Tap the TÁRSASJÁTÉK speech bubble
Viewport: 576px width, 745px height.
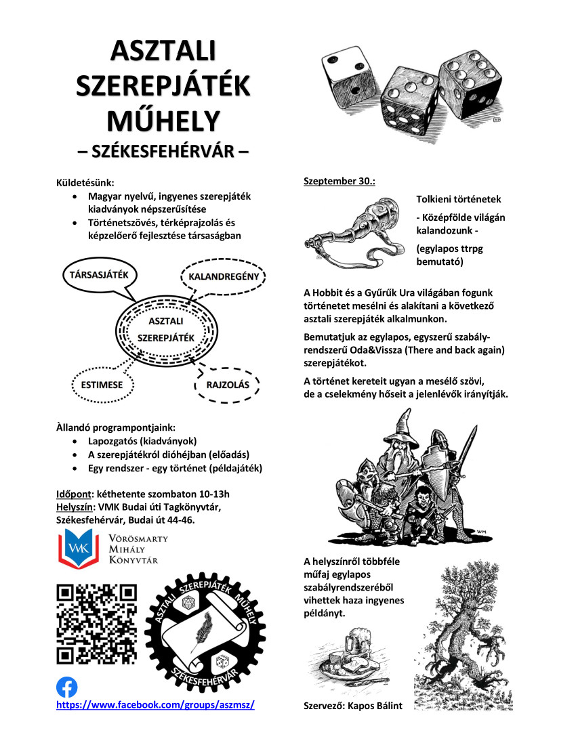click(x=100, y=276)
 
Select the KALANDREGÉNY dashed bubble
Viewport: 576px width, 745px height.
click(x=224, y=278)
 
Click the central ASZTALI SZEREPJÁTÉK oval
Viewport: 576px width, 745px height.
click(x=166, y=329)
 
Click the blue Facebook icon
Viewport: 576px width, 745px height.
click(x=66, y=687)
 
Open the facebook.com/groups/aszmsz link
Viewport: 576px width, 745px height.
click(x=155, y=705)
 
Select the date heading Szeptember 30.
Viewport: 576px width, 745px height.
click(x=339, y=182)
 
